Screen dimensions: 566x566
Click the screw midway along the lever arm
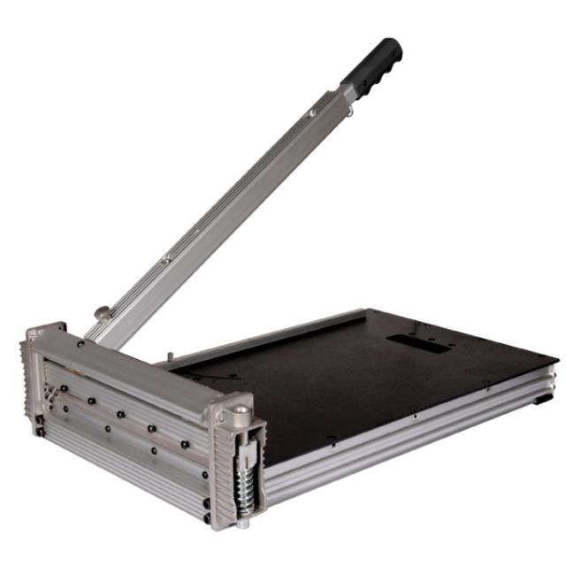coord(166,259)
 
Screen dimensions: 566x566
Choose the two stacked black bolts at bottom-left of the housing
coord(38,425)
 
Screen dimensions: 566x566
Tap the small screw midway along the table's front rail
coord(411,409)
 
